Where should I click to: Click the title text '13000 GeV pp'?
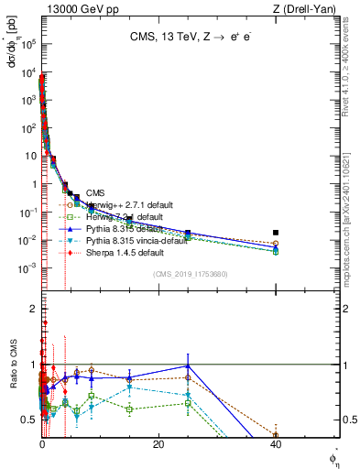coord(72,7)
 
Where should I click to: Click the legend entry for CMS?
coord(94,192)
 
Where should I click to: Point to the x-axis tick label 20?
coord(158,444)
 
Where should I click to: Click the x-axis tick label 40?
coord(276,444)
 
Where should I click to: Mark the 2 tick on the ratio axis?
coord(32,308)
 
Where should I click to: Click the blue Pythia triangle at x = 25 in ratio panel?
coord(188,365)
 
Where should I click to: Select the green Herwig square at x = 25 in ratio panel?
coord(188,403)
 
